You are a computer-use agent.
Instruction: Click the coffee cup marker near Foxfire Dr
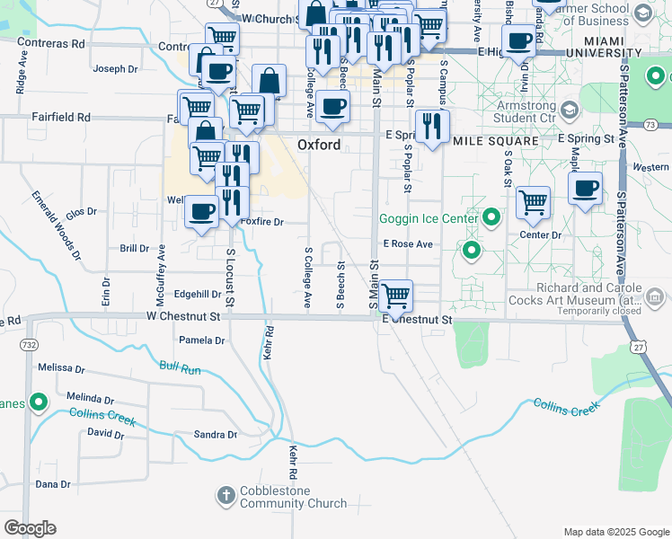(201, 213)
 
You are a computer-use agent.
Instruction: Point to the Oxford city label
(319, 145)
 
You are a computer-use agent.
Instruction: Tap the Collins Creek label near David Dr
(102, 417)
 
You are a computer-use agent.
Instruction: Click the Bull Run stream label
(180, 367)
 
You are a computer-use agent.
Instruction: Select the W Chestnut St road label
(183, 316)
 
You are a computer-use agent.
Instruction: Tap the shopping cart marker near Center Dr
(534, 201)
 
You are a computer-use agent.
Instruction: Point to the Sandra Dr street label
(215, 435)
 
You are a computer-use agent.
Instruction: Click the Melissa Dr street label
(61, 368)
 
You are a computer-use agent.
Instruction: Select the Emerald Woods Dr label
(57, 225)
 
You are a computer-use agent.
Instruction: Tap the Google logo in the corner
(30, 528)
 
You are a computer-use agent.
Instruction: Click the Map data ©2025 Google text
(615, 532)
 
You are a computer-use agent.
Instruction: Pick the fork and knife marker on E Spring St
(432, 125)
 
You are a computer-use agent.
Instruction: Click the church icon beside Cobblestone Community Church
(226, 493)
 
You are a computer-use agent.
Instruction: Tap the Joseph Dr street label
(115, 68)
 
